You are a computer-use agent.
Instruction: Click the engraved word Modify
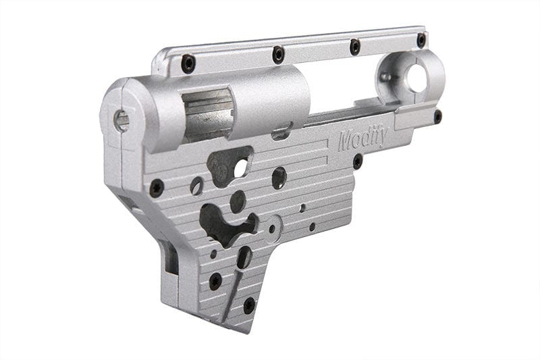pos(362,140)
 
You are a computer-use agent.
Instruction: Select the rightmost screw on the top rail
pos(421,41)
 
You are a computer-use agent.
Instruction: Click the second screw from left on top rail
pos(277,54)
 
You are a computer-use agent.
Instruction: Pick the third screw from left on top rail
pos(354,47)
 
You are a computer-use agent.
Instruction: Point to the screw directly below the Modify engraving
pos(357,162)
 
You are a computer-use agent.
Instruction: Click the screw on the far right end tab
pos(437,115)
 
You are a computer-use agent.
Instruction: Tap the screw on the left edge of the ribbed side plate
pos(157,187)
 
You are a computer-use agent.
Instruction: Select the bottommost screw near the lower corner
pos(249,305)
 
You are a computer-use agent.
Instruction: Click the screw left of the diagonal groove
pos(215,280)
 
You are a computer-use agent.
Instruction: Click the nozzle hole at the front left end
pos(122,122)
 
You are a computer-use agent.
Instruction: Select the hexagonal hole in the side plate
pos(278,178)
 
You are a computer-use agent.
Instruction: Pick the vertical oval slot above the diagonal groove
pos(244,257)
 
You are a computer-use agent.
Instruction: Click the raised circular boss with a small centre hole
pos(273,228)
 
